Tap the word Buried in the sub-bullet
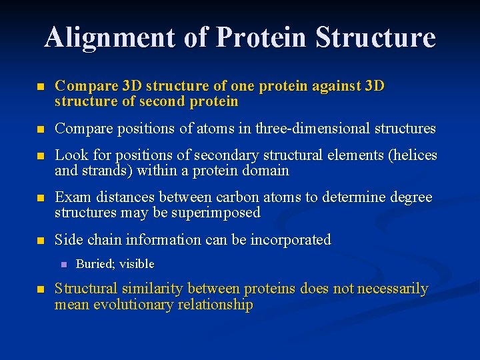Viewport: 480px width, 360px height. click(94, 264)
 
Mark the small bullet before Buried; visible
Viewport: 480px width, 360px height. click(63, 265)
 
